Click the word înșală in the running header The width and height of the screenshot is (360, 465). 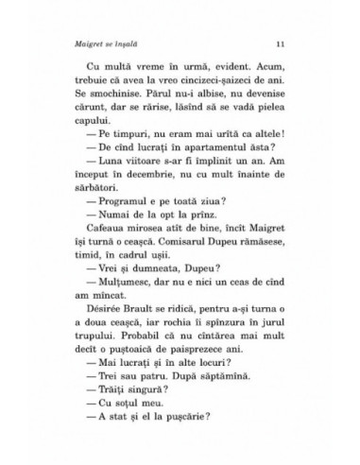[139, 44]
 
